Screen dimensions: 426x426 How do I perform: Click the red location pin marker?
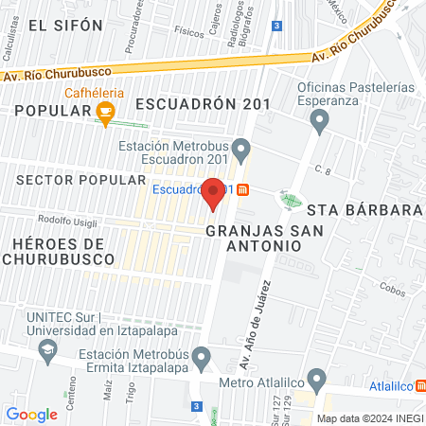click(214, 192)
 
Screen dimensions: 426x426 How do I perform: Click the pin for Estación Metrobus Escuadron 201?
click(241, 150)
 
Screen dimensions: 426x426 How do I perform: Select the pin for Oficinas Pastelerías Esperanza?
click(319, 119)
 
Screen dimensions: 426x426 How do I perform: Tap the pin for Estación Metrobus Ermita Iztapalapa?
click(200, 358)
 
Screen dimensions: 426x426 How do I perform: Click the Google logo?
click(31, 414)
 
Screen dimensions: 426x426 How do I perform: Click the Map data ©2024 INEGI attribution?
click(368, 418)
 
